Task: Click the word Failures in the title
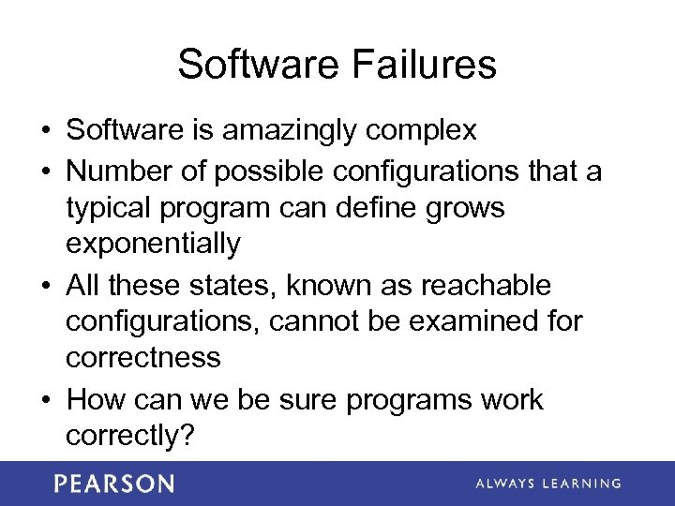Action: coord(426,65)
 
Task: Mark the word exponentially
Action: coord(153,245)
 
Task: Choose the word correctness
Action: coord(143,357)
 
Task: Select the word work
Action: coord(507,399)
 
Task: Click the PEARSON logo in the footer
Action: coord(114,484)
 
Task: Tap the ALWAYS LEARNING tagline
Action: coord(547,484)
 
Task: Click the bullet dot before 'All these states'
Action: coord(47,285)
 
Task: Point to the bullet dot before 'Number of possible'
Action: coord(47,171)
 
